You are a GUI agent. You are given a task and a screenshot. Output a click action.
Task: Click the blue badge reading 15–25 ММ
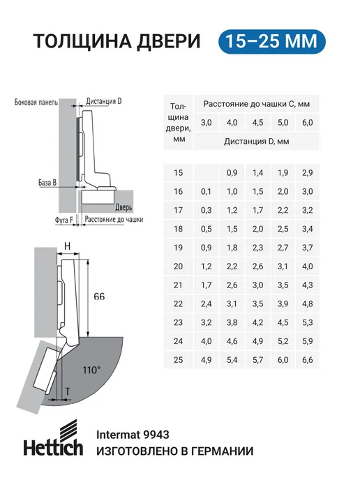point(272,42)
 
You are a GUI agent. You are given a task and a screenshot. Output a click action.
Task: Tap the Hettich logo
point(53,438)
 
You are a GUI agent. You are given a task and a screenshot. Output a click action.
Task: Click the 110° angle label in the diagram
point(91,370)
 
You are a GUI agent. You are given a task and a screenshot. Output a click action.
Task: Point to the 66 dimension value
point(99,297)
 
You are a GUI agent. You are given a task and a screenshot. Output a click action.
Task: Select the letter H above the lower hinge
point(68,246)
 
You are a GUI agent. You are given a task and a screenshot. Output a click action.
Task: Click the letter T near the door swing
point(68,391)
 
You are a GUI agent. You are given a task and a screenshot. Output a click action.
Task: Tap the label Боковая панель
point(36,103)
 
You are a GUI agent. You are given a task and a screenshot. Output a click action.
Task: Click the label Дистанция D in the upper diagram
point(104,101)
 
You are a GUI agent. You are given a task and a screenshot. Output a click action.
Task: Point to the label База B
point(47,183)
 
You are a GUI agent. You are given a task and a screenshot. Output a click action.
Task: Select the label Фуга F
point(63,220)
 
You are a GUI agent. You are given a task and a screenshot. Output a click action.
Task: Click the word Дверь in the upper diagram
point(123,207)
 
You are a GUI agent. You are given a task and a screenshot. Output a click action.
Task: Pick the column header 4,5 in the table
point(257,123)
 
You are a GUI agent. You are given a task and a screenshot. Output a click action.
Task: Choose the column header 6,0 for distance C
point(308,123)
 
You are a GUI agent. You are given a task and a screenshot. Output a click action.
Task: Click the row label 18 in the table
point(178,229)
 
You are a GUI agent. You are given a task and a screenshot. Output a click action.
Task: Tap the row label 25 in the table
point(178,360)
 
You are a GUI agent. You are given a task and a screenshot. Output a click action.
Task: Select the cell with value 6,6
point(308,360)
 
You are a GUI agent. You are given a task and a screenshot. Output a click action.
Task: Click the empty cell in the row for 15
point(207,172)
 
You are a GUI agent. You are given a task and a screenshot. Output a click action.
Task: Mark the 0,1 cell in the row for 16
point(207,192)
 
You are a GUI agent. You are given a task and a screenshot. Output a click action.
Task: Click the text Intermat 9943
point(133,435)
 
